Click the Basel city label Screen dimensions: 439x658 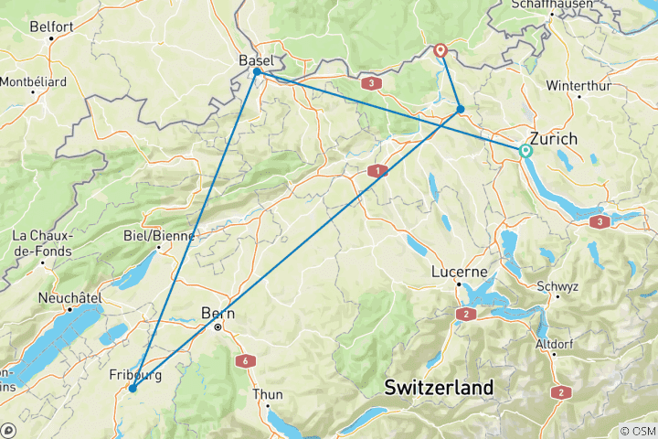point(257,59)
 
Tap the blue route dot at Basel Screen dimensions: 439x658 point(258,71)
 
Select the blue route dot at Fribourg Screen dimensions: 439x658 point(133,389)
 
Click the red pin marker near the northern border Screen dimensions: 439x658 point(440,50)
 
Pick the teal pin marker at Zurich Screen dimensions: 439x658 point(525,151)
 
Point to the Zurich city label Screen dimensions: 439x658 point(554,139)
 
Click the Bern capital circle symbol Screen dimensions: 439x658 point(218,327)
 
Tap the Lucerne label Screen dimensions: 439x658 point(459,273)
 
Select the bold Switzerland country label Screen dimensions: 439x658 point(439,387)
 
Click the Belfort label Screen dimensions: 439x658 point(51,27)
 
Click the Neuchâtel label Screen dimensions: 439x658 point(69,298)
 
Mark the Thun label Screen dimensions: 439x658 point(269,395)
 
